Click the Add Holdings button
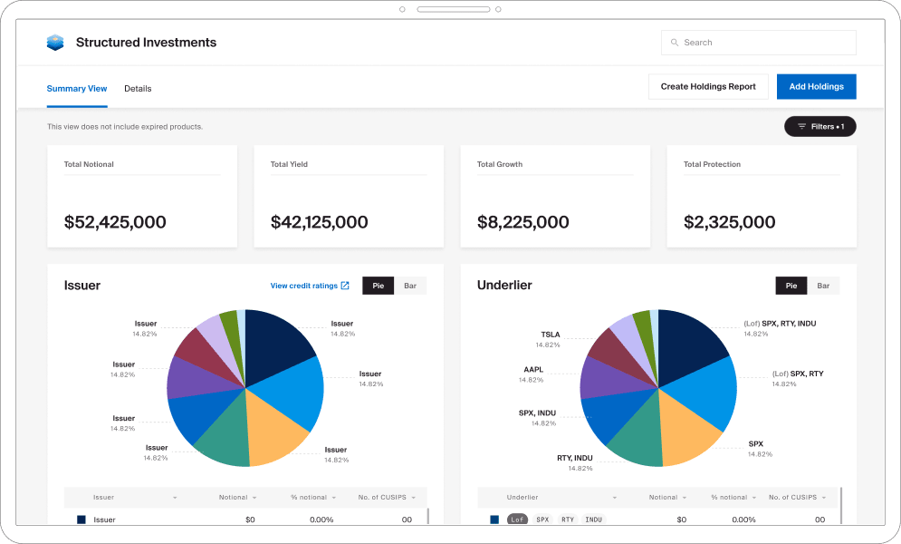click(816, 87)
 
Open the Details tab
click(138, 89)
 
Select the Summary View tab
click(77, 89)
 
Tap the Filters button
click(820, 127)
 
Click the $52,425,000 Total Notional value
click(115, 222)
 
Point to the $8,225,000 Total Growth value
click(522, 222)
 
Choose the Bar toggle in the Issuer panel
click(410, 286)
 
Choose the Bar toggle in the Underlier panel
click(823, 286)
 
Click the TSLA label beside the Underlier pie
click(551, 335)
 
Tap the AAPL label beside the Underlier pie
click(532, 370)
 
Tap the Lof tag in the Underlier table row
click(517, 520)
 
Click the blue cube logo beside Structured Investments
click(55, 43)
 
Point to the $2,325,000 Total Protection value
click(729, 222)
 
